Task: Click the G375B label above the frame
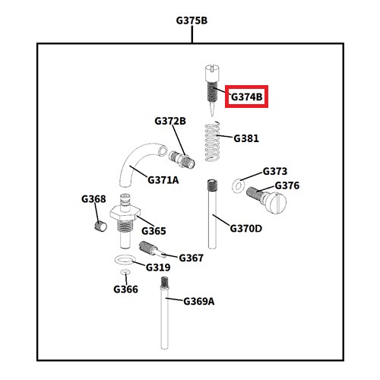pyautogui.click(x=192, y=21)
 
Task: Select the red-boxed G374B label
pyautogui.click(x=247, y=97)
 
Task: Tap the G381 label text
pyautogui.click(x=246, y=138)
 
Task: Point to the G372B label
pyautogui.click(x=170, y=121)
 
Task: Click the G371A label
pyautogui.click(x=163, y=180)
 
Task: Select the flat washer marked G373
pyautogui.click(x=239, y=186)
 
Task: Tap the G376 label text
pyautogui.click(x=287, y=185)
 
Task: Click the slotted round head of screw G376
pyautogui.click(x=276, y=203)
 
